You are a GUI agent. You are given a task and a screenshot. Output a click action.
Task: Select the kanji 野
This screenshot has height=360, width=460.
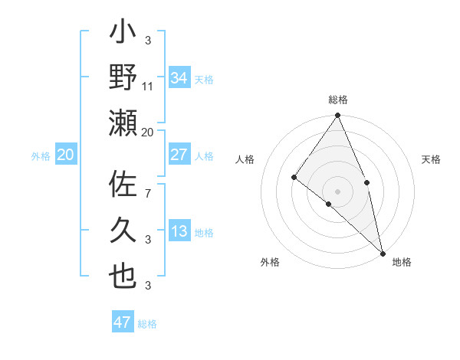click(x=123, y=77)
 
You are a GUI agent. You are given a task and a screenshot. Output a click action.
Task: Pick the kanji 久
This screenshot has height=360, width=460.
click(x=123, y=231)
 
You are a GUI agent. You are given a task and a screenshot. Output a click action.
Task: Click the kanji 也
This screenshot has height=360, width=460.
click(x=123, y=277)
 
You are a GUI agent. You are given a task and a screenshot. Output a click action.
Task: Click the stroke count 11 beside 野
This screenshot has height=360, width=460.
click(x=148, y=87)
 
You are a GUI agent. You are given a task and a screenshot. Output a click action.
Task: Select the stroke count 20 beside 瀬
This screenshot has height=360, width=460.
click(x=148, y=133)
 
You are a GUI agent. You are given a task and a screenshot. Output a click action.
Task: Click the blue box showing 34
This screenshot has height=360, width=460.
click(x=179, y=77)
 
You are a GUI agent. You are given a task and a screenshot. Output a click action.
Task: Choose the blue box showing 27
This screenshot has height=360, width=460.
click(x=179, y=155)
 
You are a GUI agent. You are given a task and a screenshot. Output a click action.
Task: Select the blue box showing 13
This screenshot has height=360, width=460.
click(x=179, y=231)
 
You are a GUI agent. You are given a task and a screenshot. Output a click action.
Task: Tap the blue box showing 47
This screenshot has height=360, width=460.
click(x=123, y=322)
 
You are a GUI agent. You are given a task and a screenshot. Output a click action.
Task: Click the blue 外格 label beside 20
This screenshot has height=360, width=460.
click(x=41, y=155)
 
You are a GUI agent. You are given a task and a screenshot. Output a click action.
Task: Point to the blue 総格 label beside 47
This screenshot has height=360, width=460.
click(x=147, y=324)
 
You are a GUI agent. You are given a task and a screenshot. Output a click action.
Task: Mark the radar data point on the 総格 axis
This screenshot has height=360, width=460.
click(x=337, y=116)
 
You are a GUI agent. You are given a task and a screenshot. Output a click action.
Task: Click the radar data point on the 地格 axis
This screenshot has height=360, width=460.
click(x=382, y=254)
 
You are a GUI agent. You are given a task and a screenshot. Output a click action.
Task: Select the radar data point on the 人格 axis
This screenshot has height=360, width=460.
click(x=294, y=177)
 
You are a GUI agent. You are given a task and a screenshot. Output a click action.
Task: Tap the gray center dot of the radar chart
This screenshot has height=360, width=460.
click(x=337, y=191)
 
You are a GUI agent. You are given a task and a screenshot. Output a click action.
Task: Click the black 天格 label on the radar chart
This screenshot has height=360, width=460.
click(x=432, y=159)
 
